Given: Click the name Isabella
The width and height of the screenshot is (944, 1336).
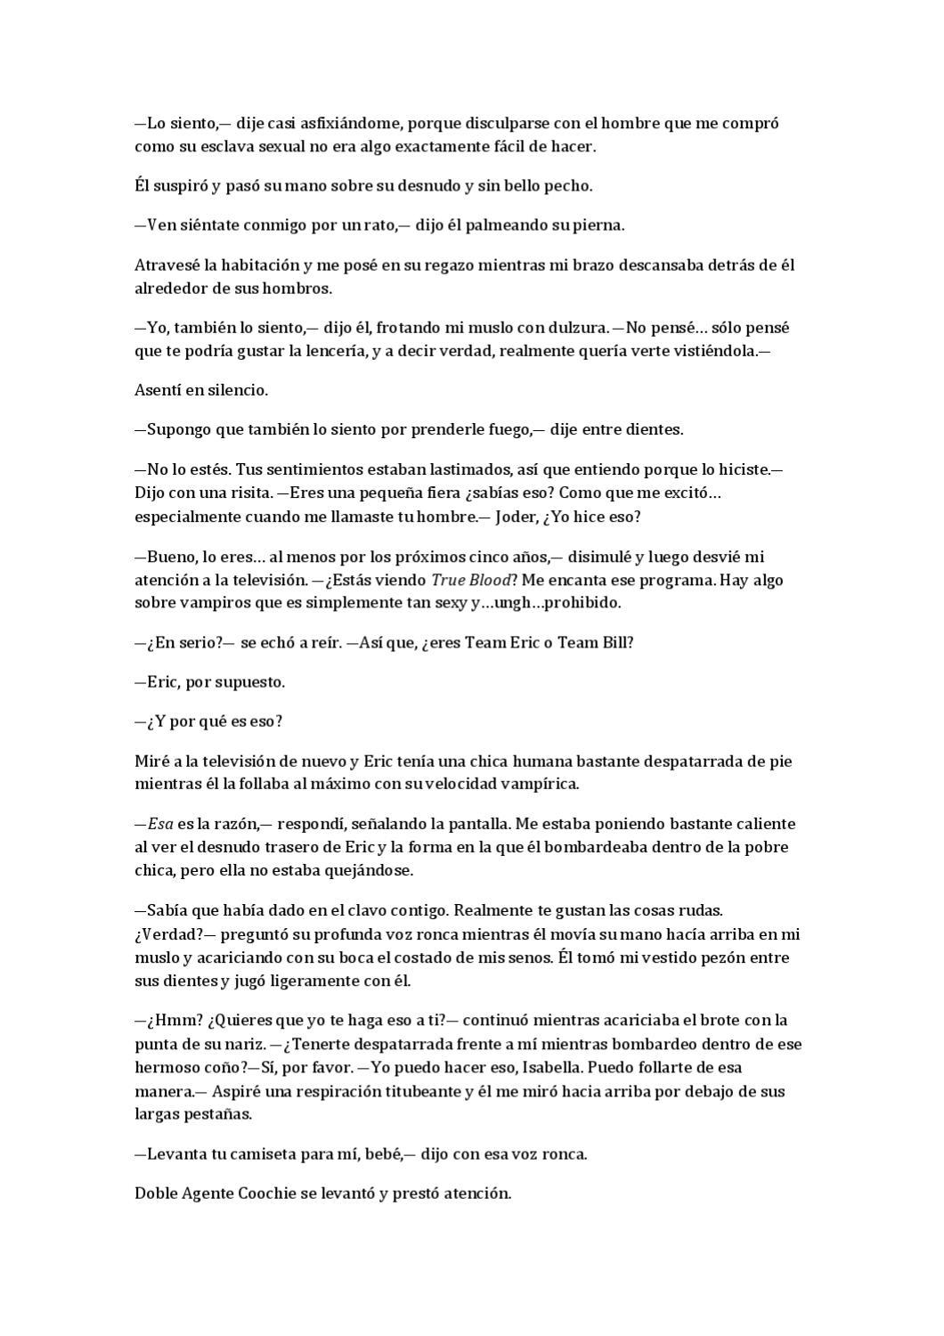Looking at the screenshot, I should (536, 1067).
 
